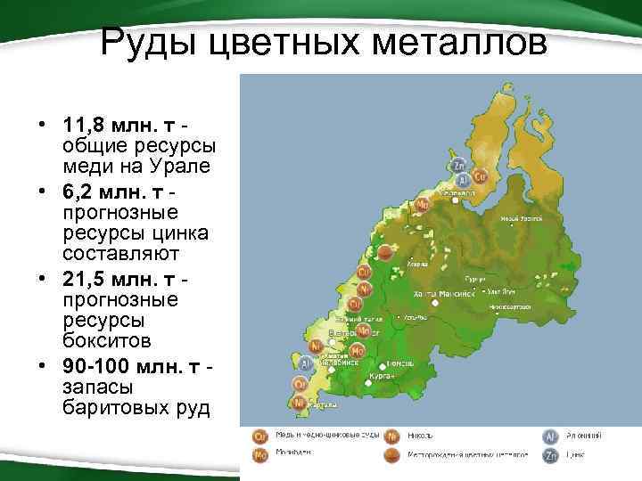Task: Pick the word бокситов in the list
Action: pos(107,341)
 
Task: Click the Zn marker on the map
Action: pos(458,166)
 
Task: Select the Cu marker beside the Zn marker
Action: pos(479,176)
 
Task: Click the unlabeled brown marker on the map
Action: pos(384,252)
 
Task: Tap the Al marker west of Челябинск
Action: pos(305,363)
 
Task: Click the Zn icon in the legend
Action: pos(551,455)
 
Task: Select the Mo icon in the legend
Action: pos(260,455)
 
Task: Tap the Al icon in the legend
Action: pos(551,436)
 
